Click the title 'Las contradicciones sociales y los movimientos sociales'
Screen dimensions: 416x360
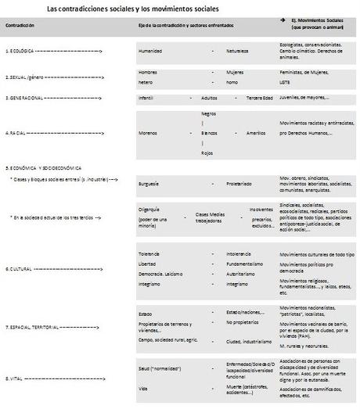(133, 9)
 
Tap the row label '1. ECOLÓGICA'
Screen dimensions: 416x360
(22, 51)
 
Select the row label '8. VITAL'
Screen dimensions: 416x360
(16, 378)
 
